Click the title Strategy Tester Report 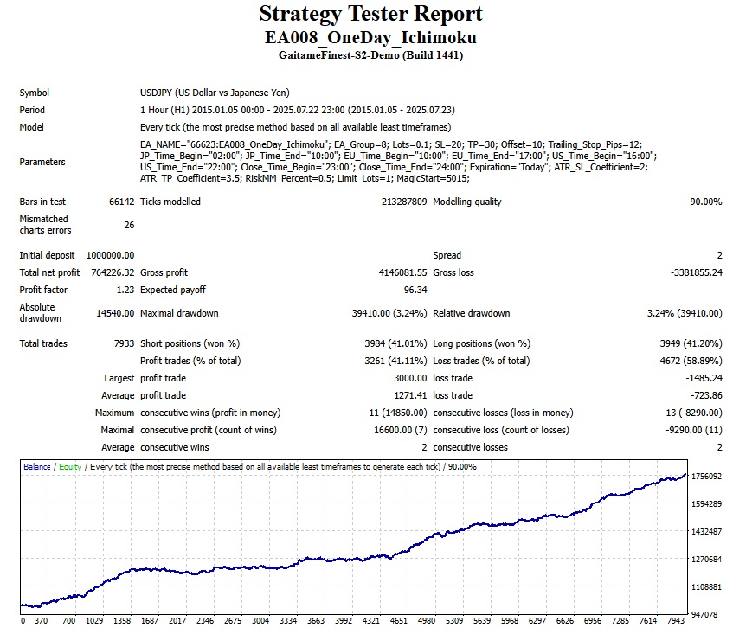tap(370, 15)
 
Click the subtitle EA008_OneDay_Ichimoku tap(370, 38)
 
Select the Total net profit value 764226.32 tap(111, 272)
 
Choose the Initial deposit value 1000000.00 tap(110, 255)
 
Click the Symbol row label tap(35, 93)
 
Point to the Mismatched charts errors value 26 tap(128, 225)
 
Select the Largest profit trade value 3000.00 tap(408, 378)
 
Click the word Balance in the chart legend tap(37, 467)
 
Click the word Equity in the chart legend tap(70, 467)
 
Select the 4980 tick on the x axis tap(427, 620)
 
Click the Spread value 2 tap(718, 255)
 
